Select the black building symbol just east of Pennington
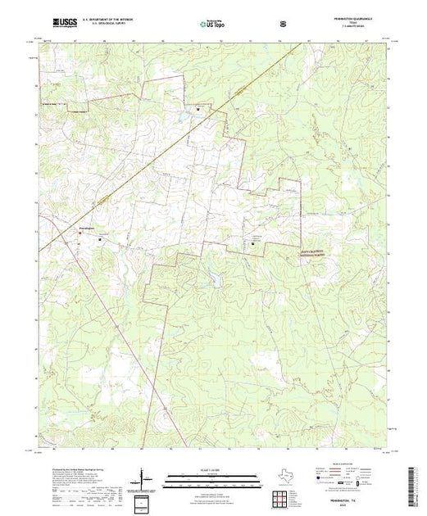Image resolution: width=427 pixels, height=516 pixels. click(100, 239)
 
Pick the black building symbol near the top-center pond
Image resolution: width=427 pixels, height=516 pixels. click(198, 107)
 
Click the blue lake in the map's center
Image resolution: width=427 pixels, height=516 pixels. click(216, 283)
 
